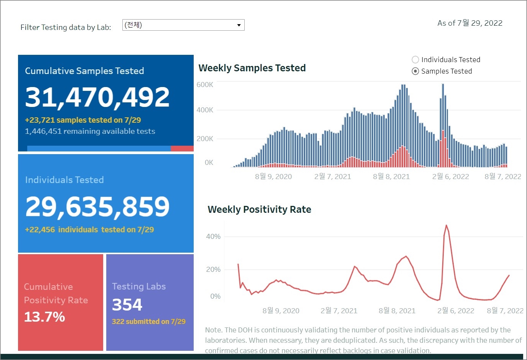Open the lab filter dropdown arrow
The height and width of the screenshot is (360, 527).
(239, 25)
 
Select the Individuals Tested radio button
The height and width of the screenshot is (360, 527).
(415, 60)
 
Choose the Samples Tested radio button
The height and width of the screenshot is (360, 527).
(415, 71)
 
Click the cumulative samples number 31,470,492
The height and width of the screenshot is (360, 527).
(97, 97)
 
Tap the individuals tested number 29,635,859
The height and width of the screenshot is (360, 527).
(97, 207)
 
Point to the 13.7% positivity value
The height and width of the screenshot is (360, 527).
(44, 317)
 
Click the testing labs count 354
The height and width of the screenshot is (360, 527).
(127, 305)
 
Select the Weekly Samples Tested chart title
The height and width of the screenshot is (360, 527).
(252, 68)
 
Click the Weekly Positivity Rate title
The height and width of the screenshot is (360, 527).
(259, 210)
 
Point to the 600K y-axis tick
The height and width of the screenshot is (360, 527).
(205, 85)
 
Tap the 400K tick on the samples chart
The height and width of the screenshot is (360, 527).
(205, 110)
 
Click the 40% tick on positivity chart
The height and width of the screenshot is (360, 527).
(213, 237)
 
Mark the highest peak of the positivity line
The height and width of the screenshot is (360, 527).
(446, 225)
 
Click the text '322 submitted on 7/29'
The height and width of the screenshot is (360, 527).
(148, 322)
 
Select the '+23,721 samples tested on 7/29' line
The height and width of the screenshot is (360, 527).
(83, 120)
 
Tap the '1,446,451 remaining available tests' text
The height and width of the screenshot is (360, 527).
(90, 132)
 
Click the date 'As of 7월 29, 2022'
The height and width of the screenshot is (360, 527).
(470, 23)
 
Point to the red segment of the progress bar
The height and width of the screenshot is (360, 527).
(182, 148)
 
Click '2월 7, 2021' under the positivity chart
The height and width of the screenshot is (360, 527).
(339, 311)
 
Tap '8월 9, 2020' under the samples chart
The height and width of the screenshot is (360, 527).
(273, 177)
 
